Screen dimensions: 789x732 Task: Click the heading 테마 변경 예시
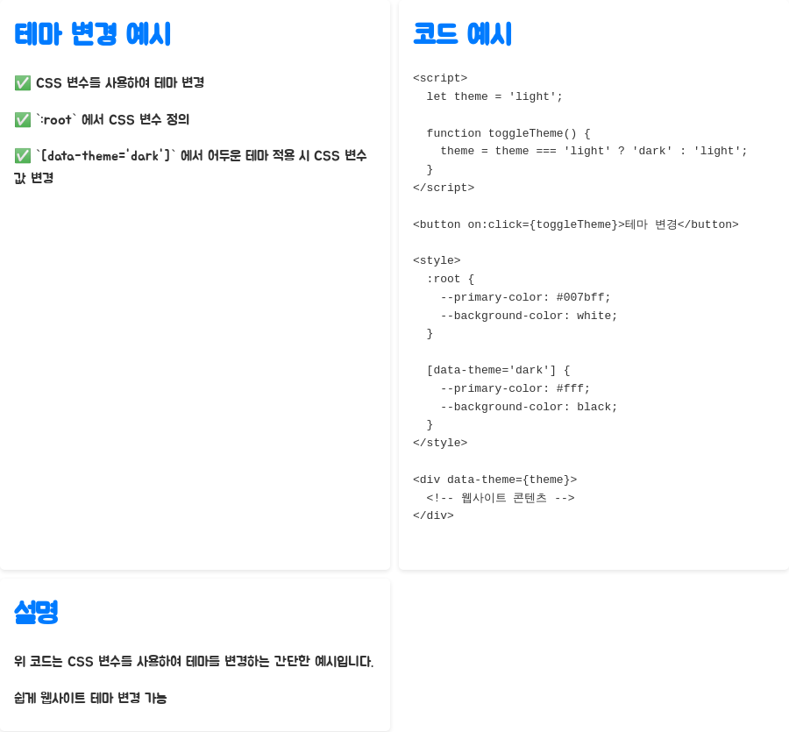[92, 34]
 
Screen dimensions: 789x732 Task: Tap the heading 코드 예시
[462, 34]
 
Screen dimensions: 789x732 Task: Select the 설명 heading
[36, 611]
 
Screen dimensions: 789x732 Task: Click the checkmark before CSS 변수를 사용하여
[23, 83]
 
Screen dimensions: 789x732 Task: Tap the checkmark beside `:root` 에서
[23, 120]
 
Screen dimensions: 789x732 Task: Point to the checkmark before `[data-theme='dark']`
[23, 156]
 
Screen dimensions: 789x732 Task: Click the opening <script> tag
[440, 78]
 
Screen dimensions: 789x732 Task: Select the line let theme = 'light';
[494, 96]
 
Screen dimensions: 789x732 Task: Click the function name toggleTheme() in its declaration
[532, 133]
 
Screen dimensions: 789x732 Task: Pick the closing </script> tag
[444, 188]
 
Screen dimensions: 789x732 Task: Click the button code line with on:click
[575, 224]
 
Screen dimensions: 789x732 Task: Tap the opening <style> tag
[437, 260]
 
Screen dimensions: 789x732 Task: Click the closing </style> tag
[440, 443]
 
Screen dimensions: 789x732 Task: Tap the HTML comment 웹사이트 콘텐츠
[501, 498]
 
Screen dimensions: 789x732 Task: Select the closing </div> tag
[433, 515]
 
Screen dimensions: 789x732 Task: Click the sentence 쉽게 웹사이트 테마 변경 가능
[90, 698]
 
